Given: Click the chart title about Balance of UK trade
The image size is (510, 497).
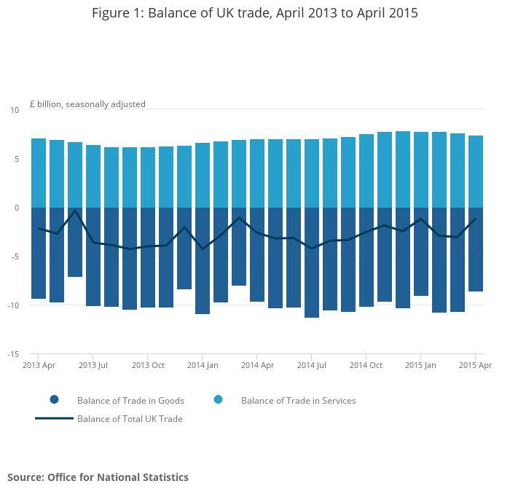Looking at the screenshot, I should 255,13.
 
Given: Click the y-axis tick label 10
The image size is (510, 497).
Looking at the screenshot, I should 15,110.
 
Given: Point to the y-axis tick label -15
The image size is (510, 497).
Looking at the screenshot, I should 13,355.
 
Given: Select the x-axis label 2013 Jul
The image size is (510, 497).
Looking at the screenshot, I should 93,365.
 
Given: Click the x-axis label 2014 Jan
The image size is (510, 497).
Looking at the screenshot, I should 203,365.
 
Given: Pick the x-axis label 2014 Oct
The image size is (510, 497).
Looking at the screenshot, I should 366,365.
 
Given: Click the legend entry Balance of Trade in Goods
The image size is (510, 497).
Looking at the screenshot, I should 130,401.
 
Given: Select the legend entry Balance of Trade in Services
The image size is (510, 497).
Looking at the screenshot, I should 298,401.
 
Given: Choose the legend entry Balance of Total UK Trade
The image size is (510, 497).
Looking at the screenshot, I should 130,419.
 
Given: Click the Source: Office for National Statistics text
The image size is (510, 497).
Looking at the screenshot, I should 98,477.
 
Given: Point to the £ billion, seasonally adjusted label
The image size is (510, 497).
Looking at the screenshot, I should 87,104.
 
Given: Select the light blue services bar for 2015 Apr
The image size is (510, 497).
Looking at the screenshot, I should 476,171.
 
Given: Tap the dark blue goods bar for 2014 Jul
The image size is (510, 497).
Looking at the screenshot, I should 312,262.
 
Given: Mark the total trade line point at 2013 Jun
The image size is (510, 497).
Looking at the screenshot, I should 75,211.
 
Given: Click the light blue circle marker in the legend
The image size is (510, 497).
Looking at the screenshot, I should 218,400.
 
